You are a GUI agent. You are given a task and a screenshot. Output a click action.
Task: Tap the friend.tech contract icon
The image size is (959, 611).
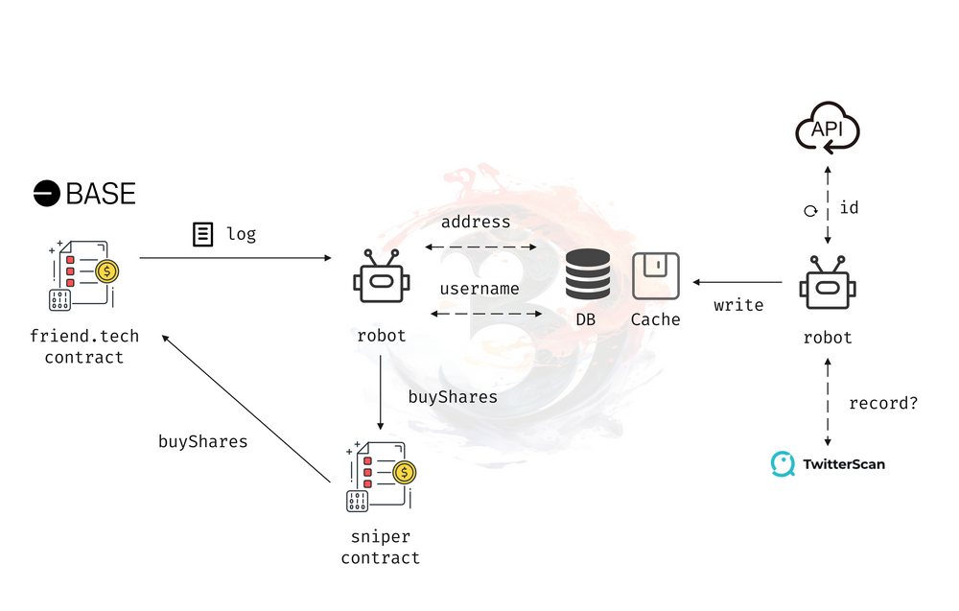click(x=82, y=274)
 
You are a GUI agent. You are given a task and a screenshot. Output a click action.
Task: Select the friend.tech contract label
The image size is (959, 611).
click(x=83, y=347)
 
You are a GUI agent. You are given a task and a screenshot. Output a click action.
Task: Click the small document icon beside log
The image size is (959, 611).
click(x=202, y=234)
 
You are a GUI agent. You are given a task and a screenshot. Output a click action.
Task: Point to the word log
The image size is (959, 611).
click(x=241, y=234)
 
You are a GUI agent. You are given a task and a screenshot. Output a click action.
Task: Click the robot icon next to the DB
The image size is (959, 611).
click(x=381, y=277)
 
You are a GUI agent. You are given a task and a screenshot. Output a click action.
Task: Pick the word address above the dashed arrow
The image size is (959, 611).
click(x=476, y=223)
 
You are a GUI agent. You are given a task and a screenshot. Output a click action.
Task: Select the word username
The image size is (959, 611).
click(x=479, y=289)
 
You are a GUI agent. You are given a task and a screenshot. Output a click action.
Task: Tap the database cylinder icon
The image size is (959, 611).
click(x=588, y=274)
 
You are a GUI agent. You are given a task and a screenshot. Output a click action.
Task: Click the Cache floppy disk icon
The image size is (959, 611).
click(x=656, y=276)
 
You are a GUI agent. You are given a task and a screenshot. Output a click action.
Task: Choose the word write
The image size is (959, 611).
click(x=738, y=305)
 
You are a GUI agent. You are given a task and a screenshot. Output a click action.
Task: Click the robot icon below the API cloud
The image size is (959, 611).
click(x=828, y=283)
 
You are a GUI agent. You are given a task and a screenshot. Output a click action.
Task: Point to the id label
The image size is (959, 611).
click(x=849, y=207)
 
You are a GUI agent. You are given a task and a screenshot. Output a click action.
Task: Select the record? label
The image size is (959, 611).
click(x=883, y=403)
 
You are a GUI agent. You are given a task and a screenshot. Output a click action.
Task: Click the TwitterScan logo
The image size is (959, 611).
click(x=829, y=464)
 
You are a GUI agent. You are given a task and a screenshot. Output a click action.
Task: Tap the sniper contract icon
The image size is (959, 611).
click(x=381, y=476)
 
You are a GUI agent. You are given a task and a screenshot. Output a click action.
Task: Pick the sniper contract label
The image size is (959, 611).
click(x=381, y=548)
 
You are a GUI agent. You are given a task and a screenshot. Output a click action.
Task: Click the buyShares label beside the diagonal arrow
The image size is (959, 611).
click(x=202, y=442)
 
